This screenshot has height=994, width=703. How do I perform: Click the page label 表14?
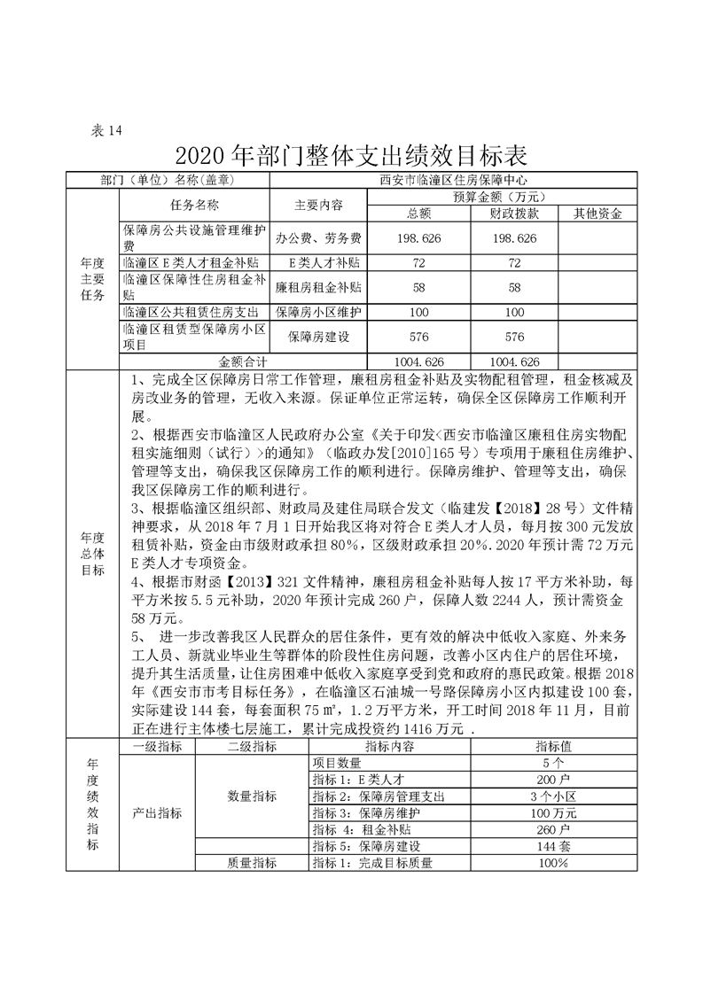point(106,130)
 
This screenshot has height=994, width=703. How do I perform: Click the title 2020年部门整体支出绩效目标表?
point(352,156)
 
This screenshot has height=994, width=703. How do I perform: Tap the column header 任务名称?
point(193,205)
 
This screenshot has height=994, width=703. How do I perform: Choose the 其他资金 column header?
point(598,214)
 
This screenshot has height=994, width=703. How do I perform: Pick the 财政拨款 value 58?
point(514,288)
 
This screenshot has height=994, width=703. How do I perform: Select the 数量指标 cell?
point(252,796)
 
